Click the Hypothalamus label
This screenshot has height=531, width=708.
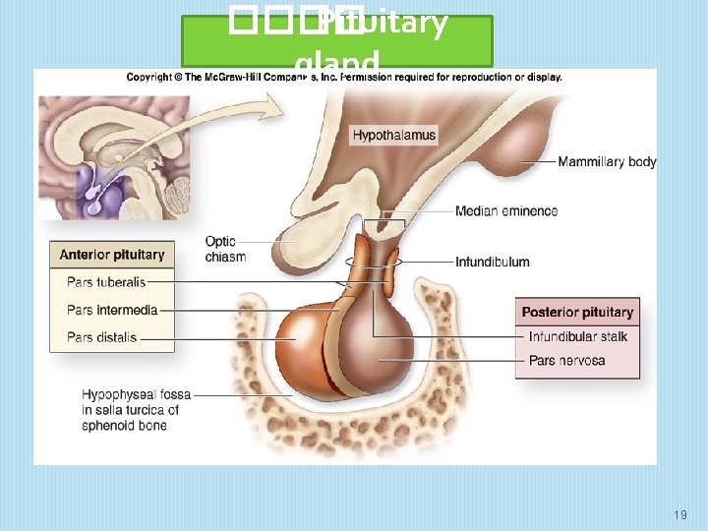[x=393, y=135]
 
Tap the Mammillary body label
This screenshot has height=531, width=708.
[x=607, y=161]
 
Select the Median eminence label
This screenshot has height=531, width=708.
[x=506, y=211]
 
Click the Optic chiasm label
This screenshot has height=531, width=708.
[x=225, y=249]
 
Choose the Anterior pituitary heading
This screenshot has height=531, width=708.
[x=112, y=255]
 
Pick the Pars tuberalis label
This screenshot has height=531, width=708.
[x=106, y=282]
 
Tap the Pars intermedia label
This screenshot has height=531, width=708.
[x=112, y=310]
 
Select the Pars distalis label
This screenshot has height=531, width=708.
[x=102, y=337]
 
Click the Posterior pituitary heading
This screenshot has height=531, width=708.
[x=577, y=313]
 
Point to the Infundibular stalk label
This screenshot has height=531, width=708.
[x=577, y=337]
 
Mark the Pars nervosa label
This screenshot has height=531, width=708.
[x=566, y=361]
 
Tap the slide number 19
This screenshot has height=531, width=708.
[x=680, y=514]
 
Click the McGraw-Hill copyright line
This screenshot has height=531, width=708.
[x=344, y=77]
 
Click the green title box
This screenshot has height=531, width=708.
[x=337, y=41]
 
